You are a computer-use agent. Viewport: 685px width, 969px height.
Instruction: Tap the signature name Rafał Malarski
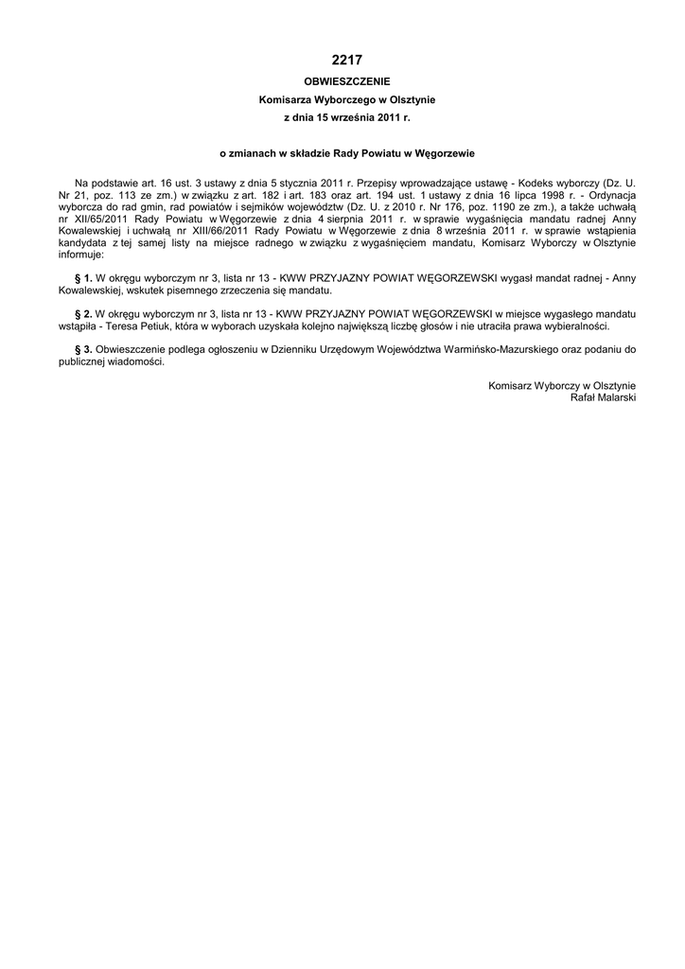tap(603, 397)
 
